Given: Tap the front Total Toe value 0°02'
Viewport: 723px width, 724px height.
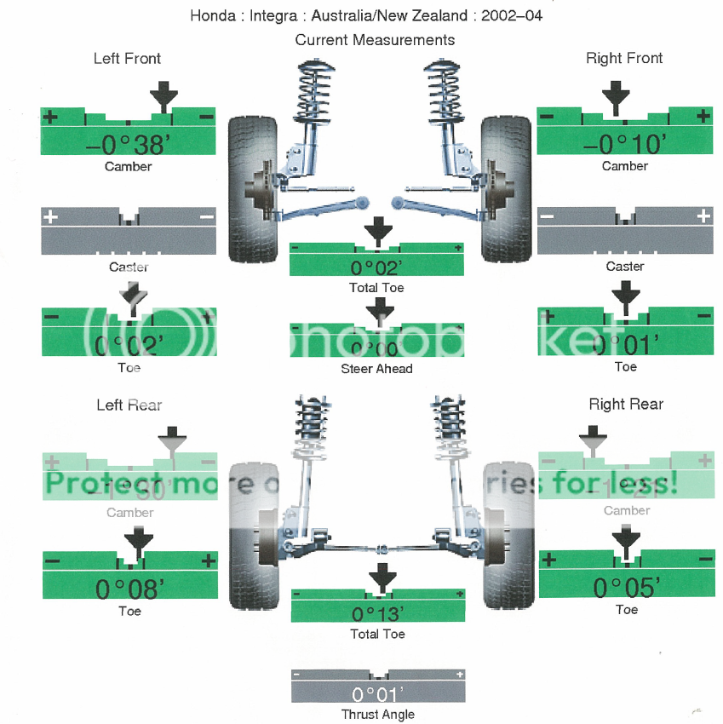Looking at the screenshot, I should click(x=376, y=267).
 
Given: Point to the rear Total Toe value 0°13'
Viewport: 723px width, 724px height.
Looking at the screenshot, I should click(x=376, y=613).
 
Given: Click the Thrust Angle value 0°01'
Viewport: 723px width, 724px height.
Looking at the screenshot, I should click(x=376, y=692).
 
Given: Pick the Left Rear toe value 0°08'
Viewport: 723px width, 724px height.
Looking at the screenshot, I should click(x=129, y=589).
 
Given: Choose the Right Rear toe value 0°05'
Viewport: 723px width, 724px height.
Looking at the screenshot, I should click(x=626, y=587).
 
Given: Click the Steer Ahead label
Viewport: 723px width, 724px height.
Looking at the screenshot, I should click(x=376, y=369).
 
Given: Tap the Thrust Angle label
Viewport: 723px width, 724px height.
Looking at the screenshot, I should click(x=377, y=715).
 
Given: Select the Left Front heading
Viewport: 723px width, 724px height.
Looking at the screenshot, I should click(x=127, y=59).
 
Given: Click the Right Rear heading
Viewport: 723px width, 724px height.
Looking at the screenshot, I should click(x=626, y=404).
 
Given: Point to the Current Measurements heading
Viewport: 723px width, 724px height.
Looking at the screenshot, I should click(x=375, y=40).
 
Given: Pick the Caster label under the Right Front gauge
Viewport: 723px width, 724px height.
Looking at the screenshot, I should click(x=625, y=267).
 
